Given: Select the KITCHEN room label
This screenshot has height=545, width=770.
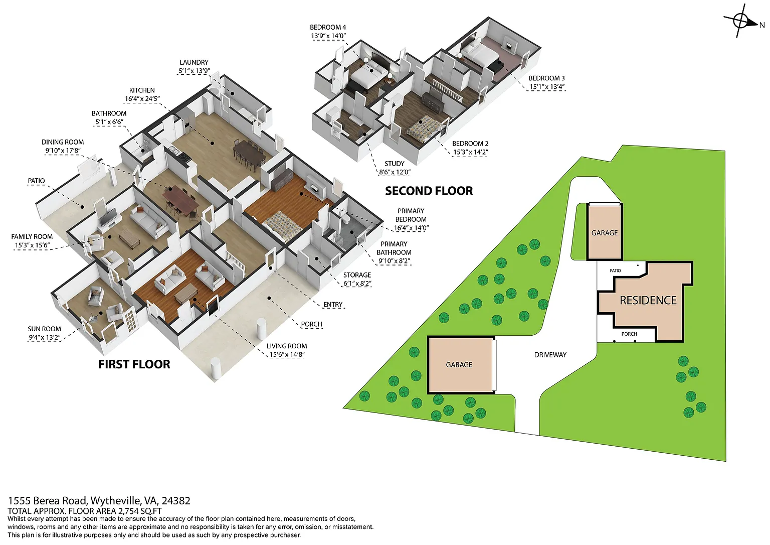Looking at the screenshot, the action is coord(142,90).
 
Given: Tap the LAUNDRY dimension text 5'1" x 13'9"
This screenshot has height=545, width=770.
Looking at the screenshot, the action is coord(194,71).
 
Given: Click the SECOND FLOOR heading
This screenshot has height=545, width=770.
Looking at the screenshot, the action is coord(429,191).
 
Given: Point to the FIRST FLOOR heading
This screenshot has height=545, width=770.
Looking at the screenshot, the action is coord(134,364).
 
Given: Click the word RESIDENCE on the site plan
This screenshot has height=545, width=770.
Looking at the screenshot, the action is coord(648,301).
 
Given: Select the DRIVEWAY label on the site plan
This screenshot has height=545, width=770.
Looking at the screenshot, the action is coord(550,355).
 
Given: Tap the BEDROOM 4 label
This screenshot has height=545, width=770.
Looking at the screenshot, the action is coord(327,27).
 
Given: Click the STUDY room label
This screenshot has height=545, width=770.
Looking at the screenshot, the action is coord(395,164).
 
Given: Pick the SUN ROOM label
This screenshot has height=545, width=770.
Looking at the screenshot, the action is coord(44,329).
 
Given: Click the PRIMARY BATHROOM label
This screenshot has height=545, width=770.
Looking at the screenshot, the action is coord(394,248).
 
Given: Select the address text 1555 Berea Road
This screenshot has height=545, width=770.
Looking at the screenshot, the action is coord(49,501).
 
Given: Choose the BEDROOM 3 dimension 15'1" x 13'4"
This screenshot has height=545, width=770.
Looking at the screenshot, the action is coord(546,87).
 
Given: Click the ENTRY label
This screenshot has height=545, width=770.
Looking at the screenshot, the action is coord(333,305).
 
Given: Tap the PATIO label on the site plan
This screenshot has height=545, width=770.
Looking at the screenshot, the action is coord(615,270).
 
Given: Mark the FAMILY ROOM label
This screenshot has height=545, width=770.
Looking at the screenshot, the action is coord(32,237).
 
